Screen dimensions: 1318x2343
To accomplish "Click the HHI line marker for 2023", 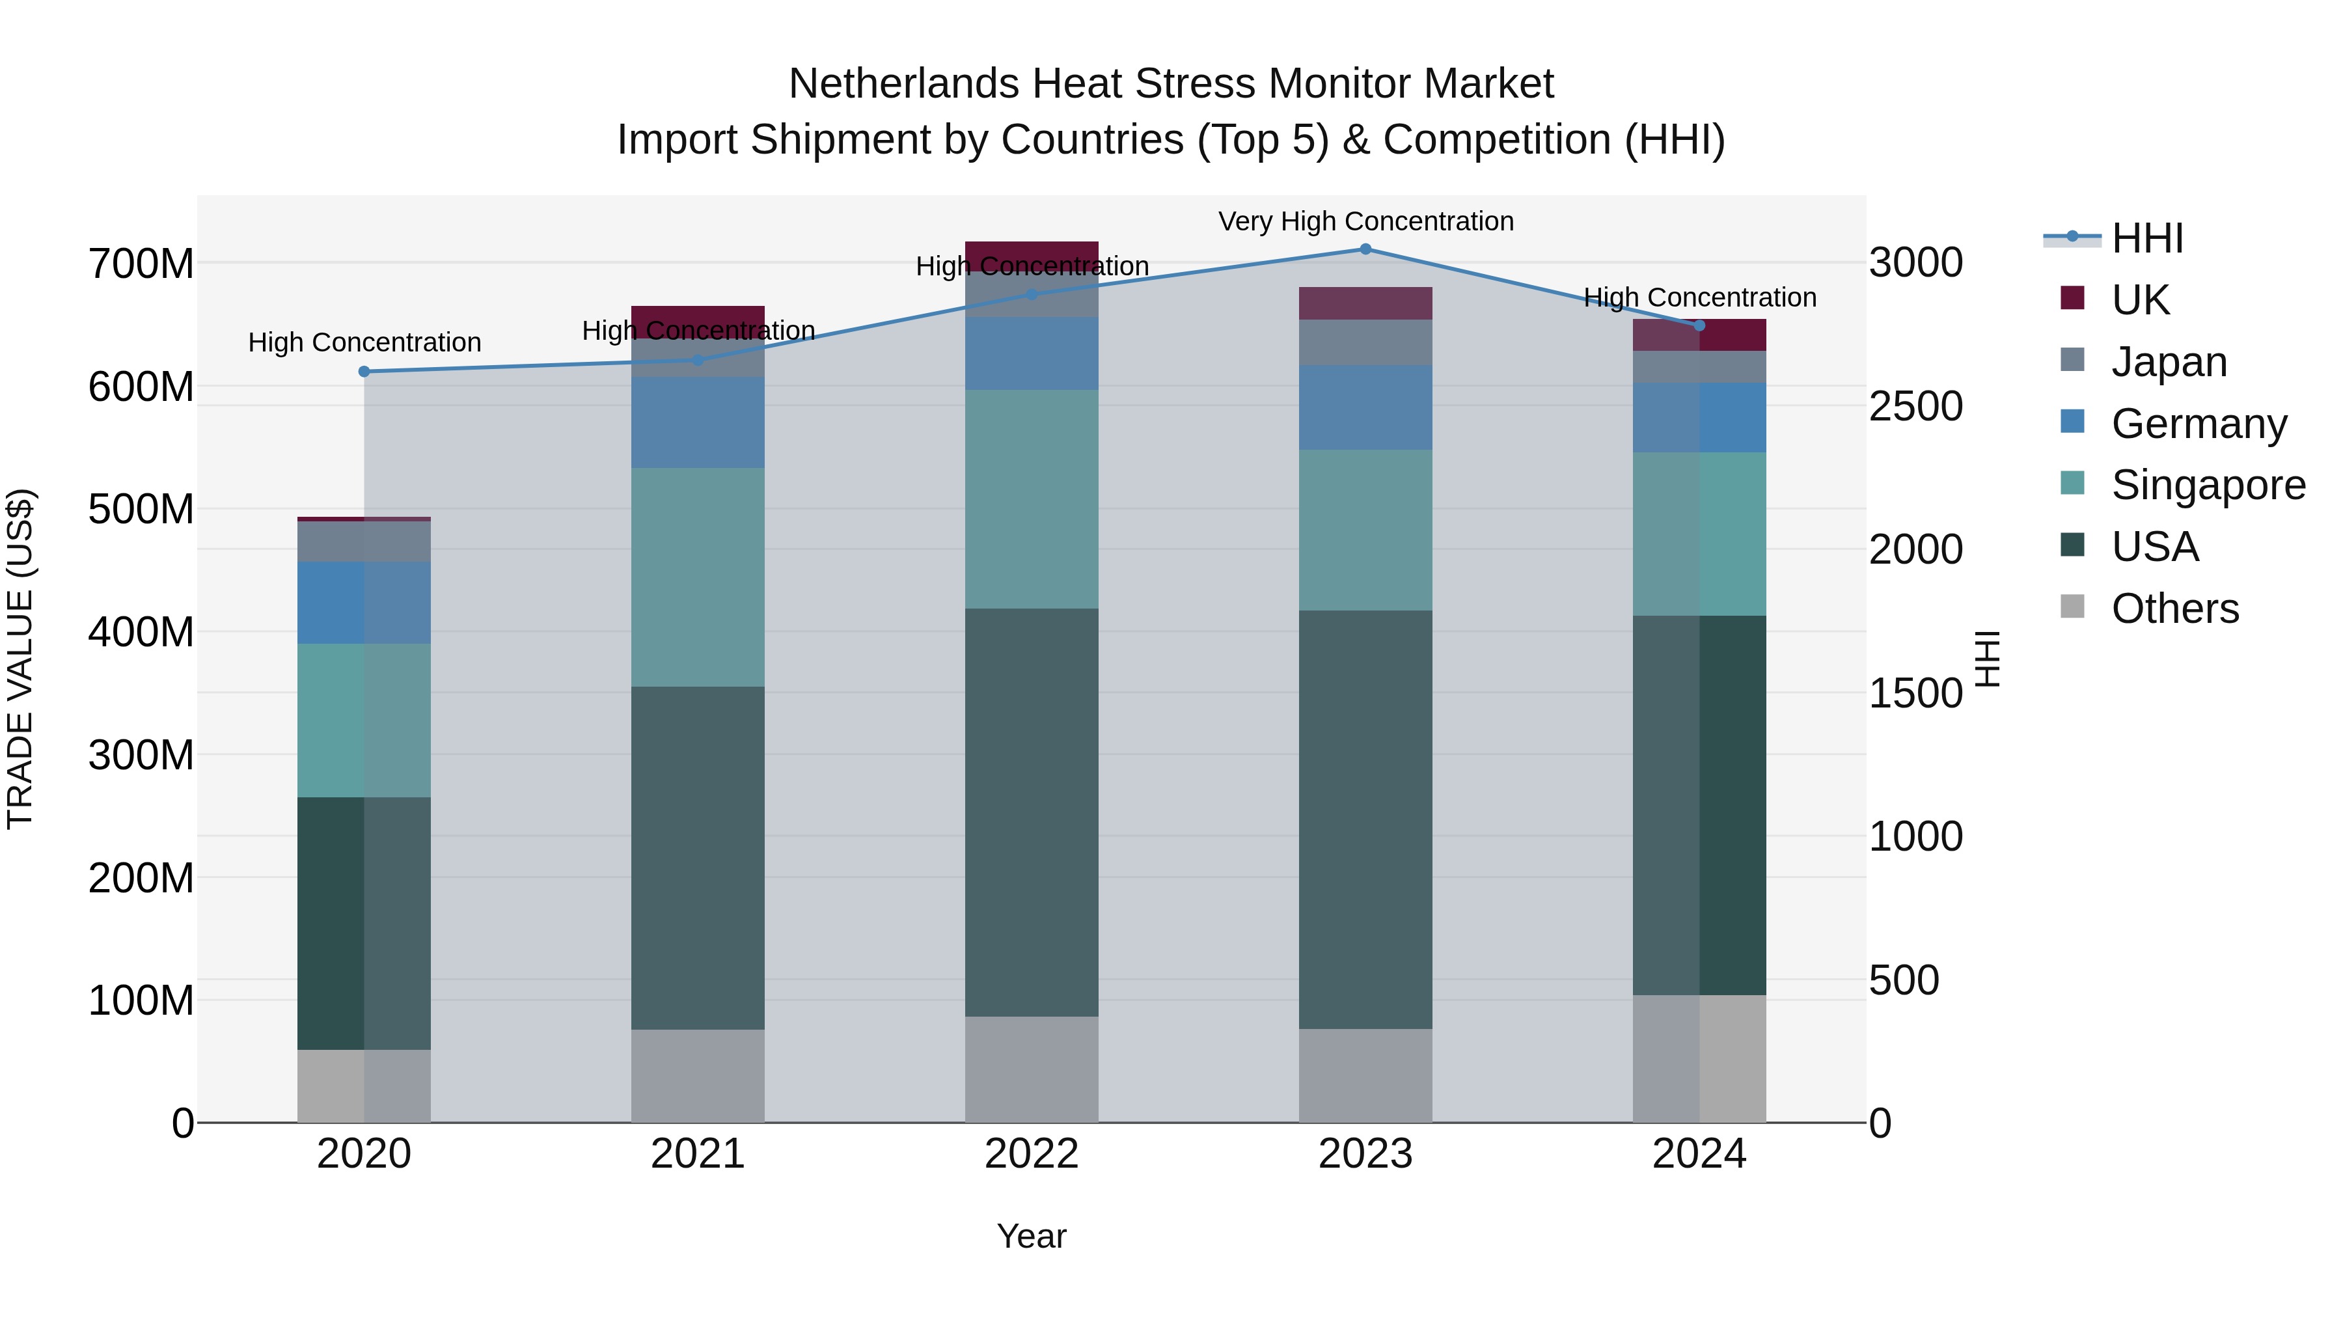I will pos(1365,249).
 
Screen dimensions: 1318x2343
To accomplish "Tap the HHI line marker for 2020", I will pos(364,371).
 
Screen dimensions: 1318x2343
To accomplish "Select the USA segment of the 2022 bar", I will pos(1032,812).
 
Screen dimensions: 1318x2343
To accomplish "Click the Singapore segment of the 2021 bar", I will pos(698,577).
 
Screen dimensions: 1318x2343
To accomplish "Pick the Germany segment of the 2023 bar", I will pos(1365,407).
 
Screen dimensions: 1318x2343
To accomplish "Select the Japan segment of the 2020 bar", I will pos(364,542).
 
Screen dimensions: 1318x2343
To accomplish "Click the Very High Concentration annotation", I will pos(1365,221).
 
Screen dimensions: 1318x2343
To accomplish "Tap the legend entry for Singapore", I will pos(2208,485).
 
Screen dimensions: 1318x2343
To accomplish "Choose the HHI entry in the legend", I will pos(2146,238).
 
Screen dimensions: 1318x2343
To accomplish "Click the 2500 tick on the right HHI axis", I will pos(1915,407).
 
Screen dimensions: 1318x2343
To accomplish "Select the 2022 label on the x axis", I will pos(1032,1154).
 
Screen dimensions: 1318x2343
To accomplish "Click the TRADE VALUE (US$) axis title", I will pos(20,659).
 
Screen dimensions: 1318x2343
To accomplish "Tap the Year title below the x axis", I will pos(1032,1236).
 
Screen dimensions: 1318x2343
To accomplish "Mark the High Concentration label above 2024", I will pos(1699,297).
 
